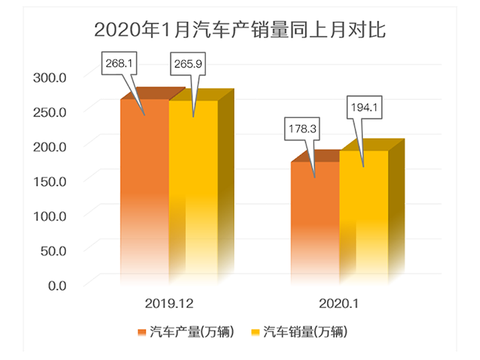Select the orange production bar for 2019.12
point(144,190)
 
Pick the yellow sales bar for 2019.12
point(193,190)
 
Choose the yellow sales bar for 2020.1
point(363,220)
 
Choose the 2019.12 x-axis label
point(168,302)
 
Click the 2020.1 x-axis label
point(337,302)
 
